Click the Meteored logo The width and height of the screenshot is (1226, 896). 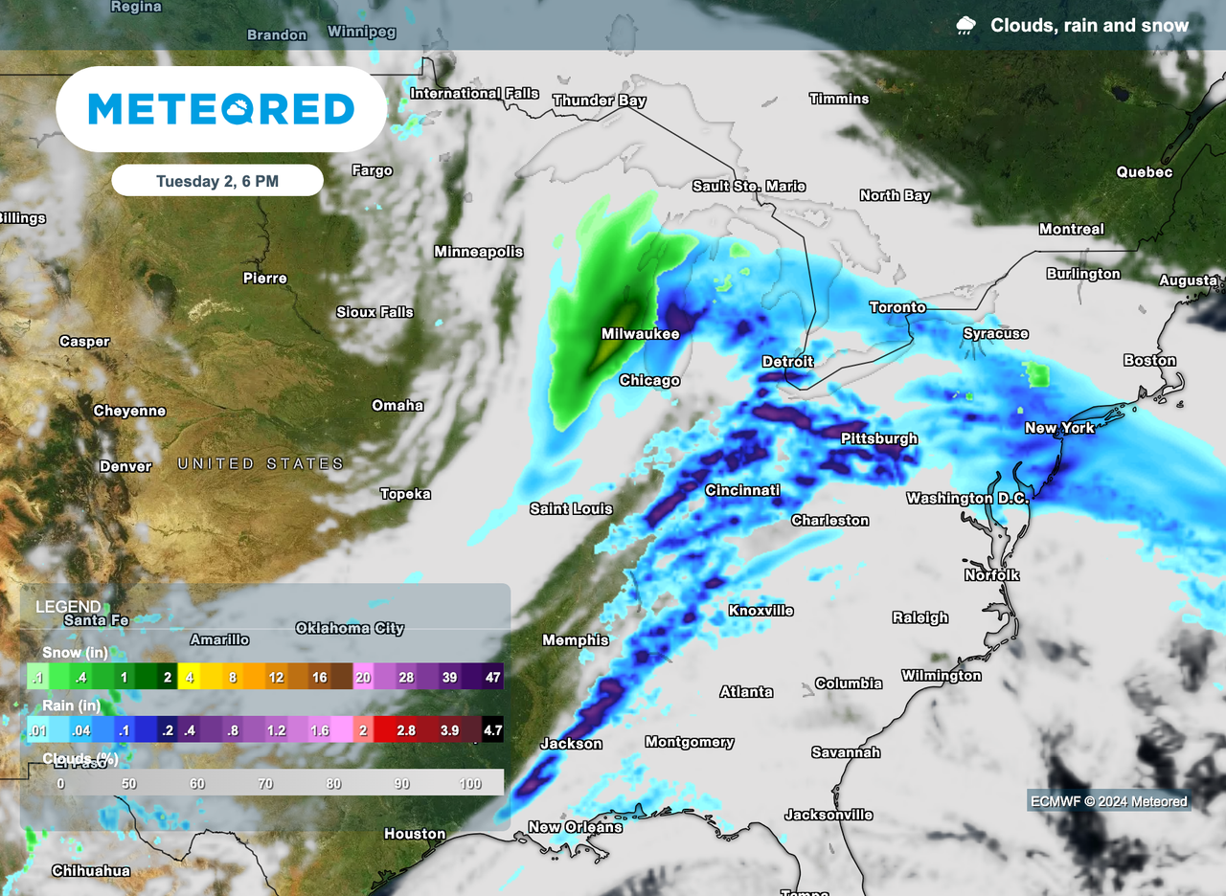click(221, 108)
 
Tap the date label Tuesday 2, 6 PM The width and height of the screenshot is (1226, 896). click(217, 181)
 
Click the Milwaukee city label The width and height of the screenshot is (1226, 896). click(640, 334)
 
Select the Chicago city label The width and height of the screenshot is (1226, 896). click(649, 380)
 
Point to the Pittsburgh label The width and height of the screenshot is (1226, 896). click(878, 438)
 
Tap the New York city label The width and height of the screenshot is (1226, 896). click(1059, 428)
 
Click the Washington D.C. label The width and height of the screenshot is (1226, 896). click(967, 498)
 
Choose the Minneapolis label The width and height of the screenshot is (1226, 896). click(479, 252)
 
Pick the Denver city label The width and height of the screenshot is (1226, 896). click(125, 466)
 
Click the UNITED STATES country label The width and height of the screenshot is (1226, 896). click(261, 464)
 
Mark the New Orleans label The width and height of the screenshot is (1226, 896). click(575, 827)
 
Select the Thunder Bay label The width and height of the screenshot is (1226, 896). click(600, 101)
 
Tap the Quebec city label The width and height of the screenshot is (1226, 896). click(1144, 172)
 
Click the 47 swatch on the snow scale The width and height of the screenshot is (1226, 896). click(492, 677)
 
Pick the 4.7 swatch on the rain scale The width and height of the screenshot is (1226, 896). click(491, 730)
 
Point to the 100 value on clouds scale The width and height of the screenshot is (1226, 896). click(470, 784)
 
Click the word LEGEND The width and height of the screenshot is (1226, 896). click(68, 607)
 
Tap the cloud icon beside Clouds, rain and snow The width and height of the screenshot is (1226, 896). click(966, 26)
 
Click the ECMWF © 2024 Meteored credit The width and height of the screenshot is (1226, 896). click(1108, 801)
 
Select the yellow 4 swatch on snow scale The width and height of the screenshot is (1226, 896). click(190, 677)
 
